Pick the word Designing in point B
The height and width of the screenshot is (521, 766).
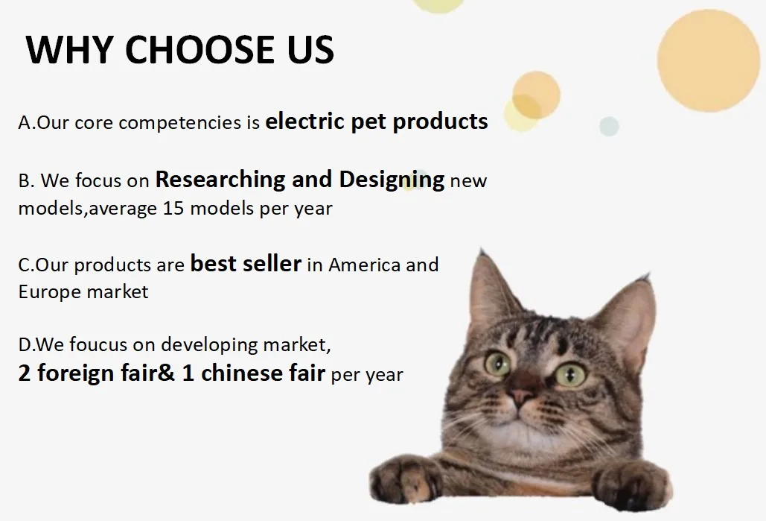pyautogui.click(x=392, y=180)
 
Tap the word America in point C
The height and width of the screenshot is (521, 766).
pyautogui.click(x=364, y=265)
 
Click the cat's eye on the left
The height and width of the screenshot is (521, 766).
pyautogui.click(x=497, y=364)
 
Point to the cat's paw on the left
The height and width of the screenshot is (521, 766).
pyautogui.click(x=406, y=478)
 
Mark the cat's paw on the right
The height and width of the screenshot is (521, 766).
pyautogui.click(x=632, y=484)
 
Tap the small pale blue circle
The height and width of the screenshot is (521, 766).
pyautogui.click(x=610, y=126)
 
